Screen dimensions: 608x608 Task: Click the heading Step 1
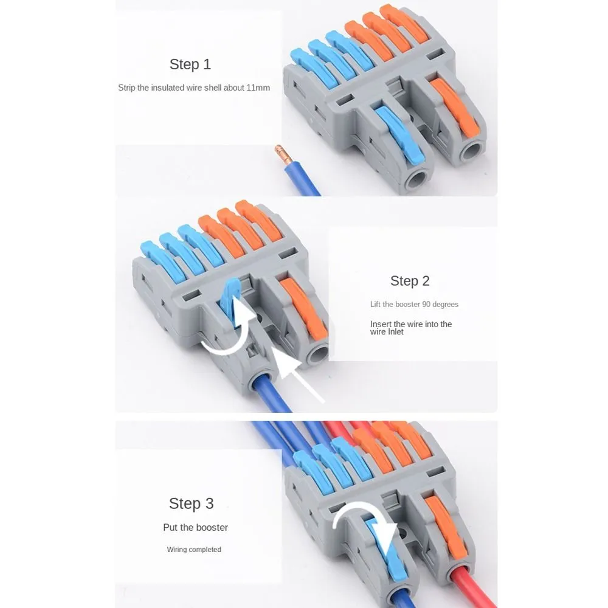pos(190,64)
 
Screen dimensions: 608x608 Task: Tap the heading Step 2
pos(410,281)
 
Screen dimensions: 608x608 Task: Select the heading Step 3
pos(191,503)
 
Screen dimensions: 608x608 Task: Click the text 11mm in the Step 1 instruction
pos(258,88)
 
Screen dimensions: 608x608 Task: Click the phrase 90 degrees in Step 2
pos(435,305)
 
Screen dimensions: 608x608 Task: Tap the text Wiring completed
pos(194,550)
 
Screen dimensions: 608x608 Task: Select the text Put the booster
pos(195,527)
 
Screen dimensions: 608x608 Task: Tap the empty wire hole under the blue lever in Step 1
pos(417,180)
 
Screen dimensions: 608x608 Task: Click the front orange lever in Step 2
pos(305,308)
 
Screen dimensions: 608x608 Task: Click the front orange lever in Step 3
pos(446,527)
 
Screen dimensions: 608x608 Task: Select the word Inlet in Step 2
pos(395,332)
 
